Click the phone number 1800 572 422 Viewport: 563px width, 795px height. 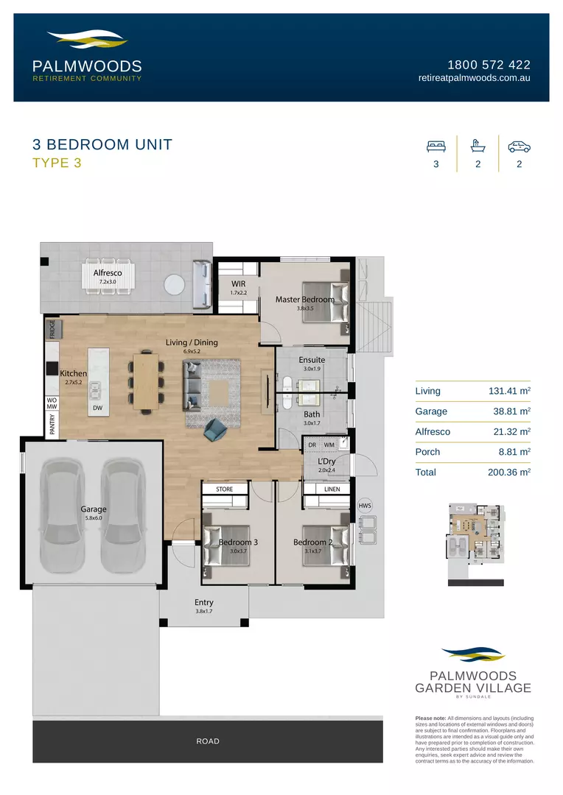click(x=489, y=65)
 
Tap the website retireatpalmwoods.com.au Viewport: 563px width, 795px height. click(x=474, y=78)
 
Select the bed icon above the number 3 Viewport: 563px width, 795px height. click(x=436, y=146)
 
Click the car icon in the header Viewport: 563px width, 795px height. click(x=520, y=146)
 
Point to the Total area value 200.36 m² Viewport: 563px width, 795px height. click(x=509, y=473)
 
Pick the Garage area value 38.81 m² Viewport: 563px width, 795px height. click(x=512, y=411)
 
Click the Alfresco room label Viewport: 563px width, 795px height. click(x=108, y=273)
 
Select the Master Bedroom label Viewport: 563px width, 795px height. click(x=305, y=300)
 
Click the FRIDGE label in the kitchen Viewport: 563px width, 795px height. click(x=52, y=328)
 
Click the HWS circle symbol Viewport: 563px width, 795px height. click(x=365, y=506)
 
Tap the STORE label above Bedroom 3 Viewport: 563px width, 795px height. click(x=225, y=489)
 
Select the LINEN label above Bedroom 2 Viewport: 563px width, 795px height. click(x=332, y=489)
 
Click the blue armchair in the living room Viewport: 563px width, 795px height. click(x=216, y=429)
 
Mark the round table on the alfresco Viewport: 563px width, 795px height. click(x=175, y=284)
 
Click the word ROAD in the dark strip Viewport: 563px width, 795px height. click(x=208, y=741)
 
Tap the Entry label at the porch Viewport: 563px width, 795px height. click(x=203, y=602)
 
